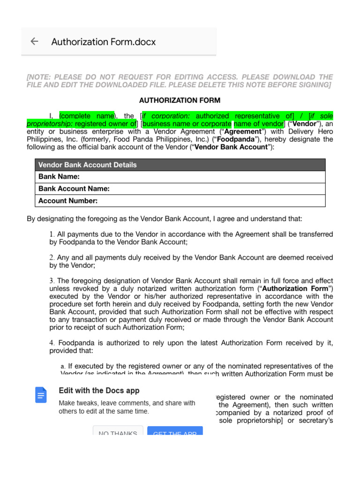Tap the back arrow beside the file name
[x=34, y=41]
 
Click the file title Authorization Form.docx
[x=103, y=42]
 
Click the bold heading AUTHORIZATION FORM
[x=180, y=100]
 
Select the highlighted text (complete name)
[x=87, y=116]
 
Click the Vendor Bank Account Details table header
[x=87, y=165]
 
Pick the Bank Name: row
[x=59, y=177]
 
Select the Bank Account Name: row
[x=74, y=189]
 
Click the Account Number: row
[x=68, y=201]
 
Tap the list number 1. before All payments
[x=52, y=234]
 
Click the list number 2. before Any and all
[x=52, y=257]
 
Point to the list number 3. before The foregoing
[x=52, y=281]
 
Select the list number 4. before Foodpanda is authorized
[x=52, y=343]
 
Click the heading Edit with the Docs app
[x=99, y=390]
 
